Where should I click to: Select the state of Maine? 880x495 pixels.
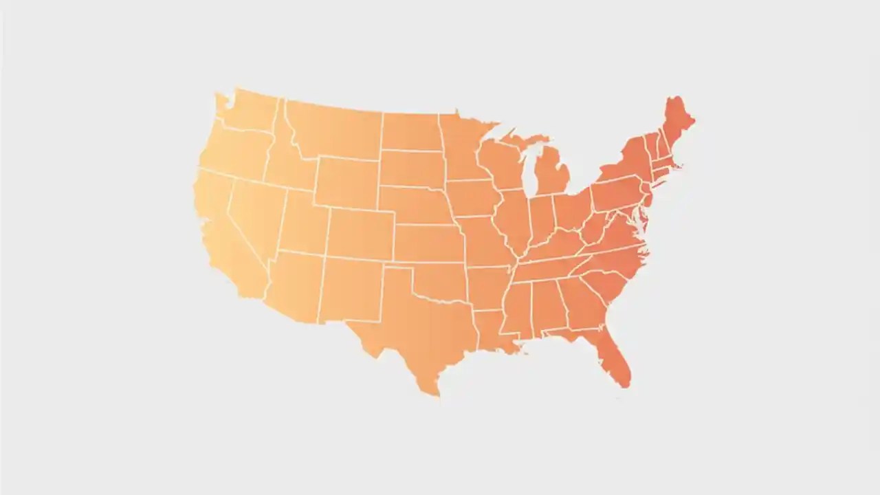coord(677,124)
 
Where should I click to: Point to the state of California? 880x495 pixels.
coord(220,227)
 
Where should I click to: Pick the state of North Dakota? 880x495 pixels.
coord(411,131)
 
